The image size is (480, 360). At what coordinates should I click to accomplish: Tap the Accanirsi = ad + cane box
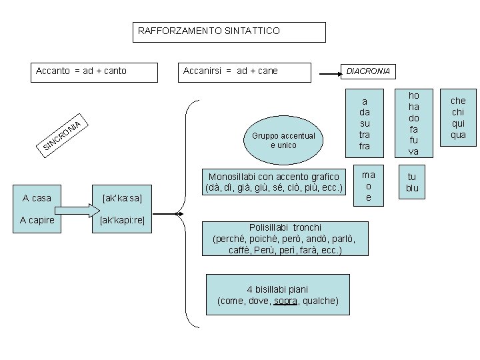click(246, 71)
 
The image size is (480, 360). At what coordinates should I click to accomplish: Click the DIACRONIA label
click(366, 71)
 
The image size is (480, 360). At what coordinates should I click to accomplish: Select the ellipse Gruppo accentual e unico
click(283, 140)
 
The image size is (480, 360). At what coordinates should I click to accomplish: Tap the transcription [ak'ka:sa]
click(123, 198)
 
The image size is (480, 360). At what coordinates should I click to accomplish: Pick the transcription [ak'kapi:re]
click(123, 221)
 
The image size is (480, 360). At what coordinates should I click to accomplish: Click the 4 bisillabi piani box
click(278, 295)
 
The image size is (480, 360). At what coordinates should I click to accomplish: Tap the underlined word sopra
click(286, 301)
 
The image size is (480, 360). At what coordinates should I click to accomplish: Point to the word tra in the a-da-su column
click(364, 135)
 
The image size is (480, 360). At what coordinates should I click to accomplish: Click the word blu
click(412, 188)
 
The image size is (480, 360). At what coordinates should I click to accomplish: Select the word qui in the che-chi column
click(458, 123)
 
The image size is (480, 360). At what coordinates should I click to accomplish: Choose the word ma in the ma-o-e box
click(368, 175)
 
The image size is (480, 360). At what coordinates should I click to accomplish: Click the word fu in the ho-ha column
click(413, 140)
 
